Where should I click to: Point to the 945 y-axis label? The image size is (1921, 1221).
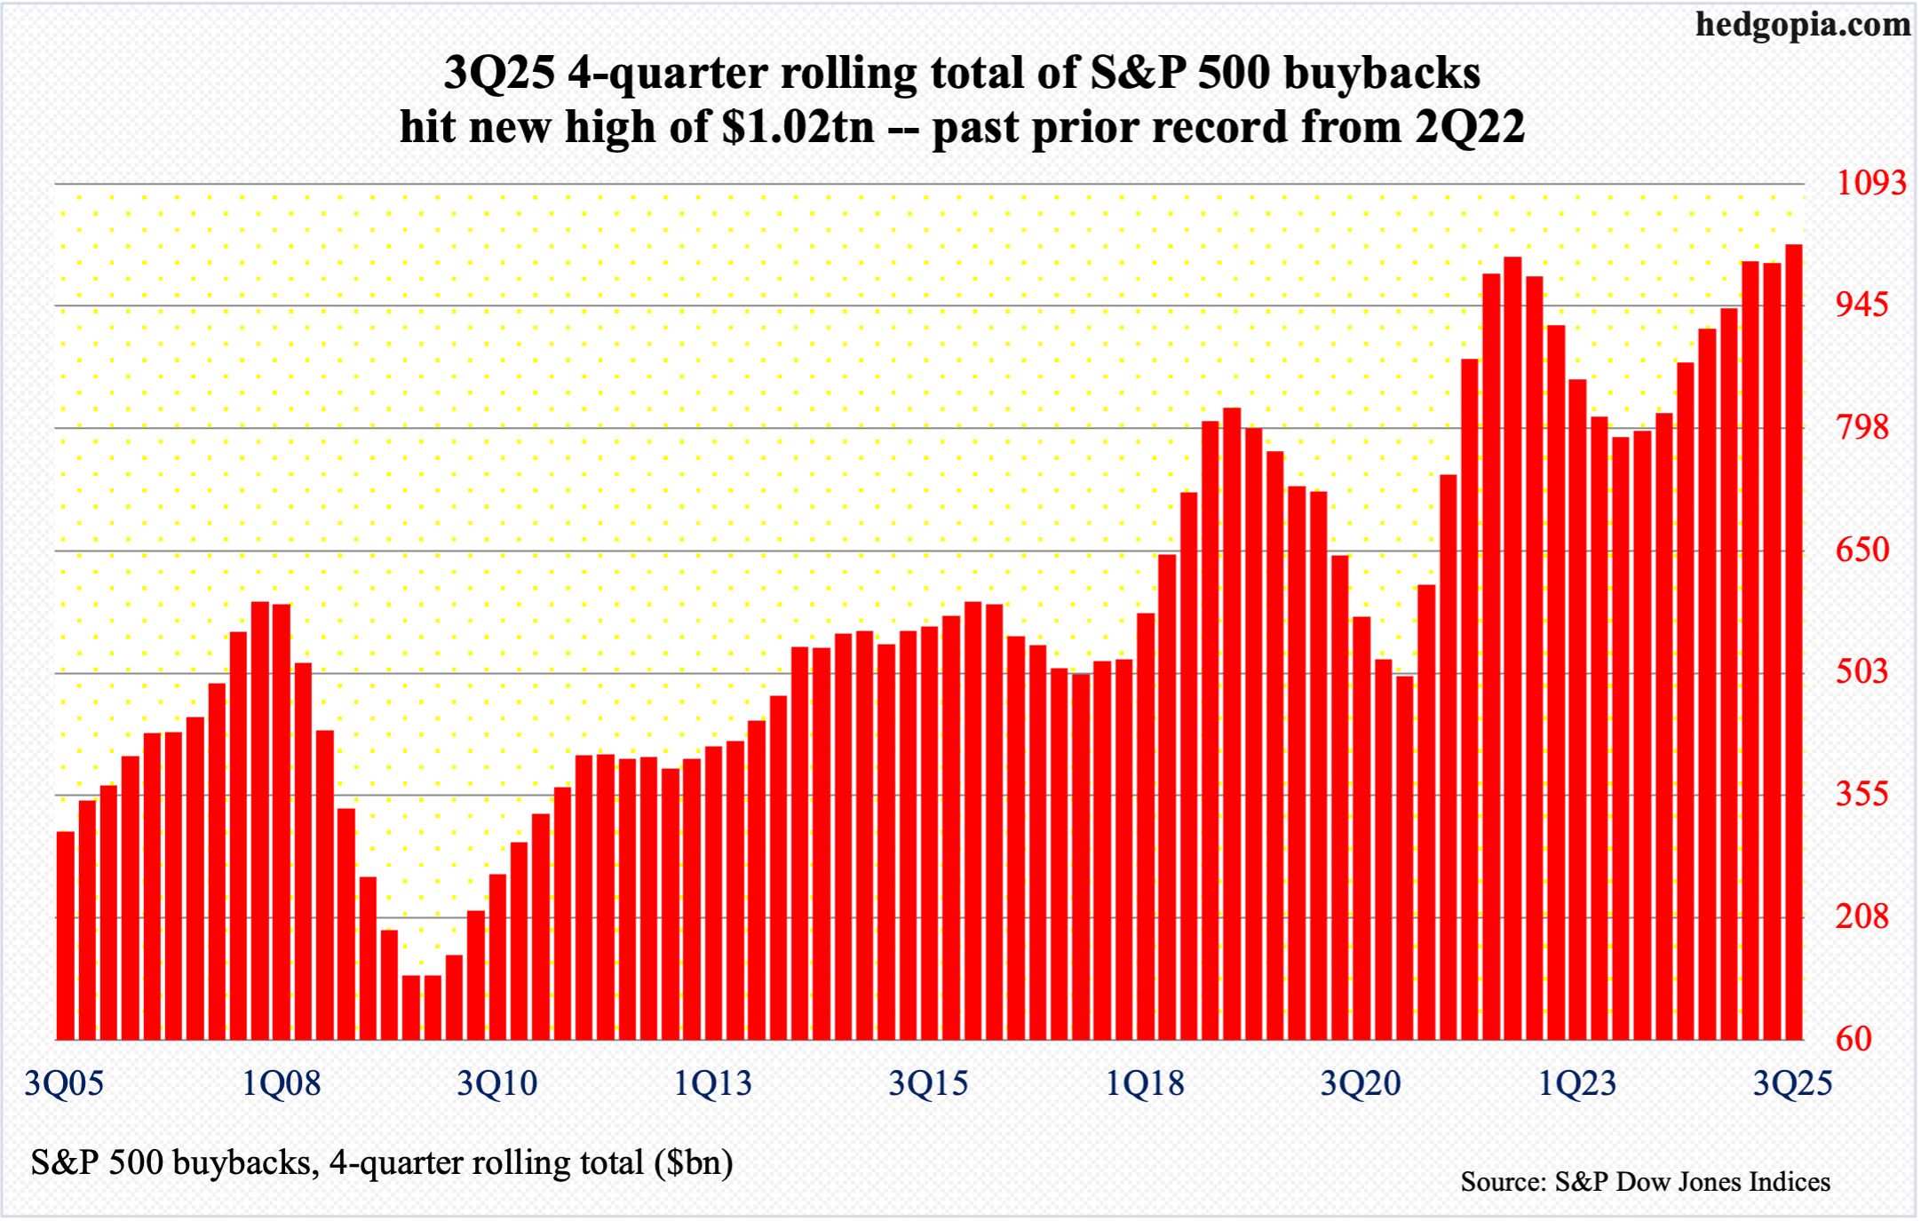pos(1862,305)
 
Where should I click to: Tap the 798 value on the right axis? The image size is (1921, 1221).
pos(1862,428)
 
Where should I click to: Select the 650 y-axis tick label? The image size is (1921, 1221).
pos(1862,550)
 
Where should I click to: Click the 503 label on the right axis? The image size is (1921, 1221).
pos(1862,671)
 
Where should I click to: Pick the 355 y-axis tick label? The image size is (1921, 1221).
pos(1862,794)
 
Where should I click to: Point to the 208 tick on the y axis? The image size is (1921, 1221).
pos(1862,916)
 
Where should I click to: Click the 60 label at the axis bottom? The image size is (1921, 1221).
pos(1854,1039)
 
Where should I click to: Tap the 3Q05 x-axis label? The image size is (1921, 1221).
pos(64,1084)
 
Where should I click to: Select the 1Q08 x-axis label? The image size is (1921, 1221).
pos(282,1084)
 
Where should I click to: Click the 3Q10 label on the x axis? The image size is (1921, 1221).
pos(497,1084)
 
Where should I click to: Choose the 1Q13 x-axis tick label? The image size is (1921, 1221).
pos(713,1084)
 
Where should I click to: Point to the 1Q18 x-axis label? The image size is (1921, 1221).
pos(1145,1084)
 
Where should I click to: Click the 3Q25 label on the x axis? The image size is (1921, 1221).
pos(1792,1084)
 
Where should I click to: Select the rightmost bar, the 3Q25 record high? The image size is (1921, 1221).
pos(1793,639)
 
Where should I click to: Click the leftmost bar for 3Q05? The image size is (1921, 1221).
pos(66,932)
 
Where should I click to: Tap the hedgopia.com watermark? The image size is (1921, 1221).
pos(1803,25)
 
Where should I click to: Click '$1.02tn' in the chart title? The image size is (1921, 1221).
pos(798,127)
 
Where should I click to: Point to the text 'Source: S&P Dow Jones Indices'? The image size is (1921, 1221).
pos(1645,1182)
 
